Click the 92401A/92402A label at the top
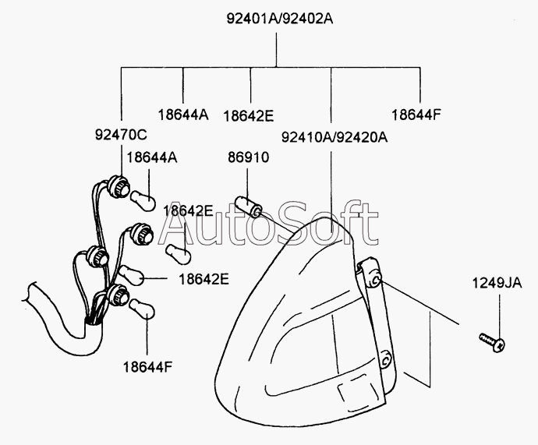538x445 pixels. tap(280, 19)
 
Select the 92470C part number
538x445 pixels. tap(121, 134)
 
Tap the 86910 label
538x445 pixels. tap(249, 157)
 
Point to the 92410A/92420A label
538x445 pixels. tap(334, 137)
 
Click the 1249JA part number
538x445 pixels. tap(497, 283)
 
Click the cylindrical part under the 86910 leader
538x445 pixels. tap(250, 207)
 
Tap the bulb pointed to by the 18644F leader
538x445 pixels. tap(142, 308)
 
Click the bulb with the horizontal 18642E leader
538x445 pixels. tap(132, 275)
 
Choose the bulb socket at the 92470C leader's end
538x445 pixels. tap(119, 186)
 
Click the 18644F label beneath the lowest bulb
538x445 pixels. tap(147, 367)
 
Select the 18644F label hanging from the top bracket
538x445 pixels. tap(416, 115)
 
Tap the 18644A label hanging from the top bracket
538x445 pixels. tap(183, 115)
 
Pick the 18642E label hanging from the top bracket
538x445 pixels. tap(249, 116)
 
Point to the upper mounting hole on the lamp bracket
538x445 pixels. tap(375, 280)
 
